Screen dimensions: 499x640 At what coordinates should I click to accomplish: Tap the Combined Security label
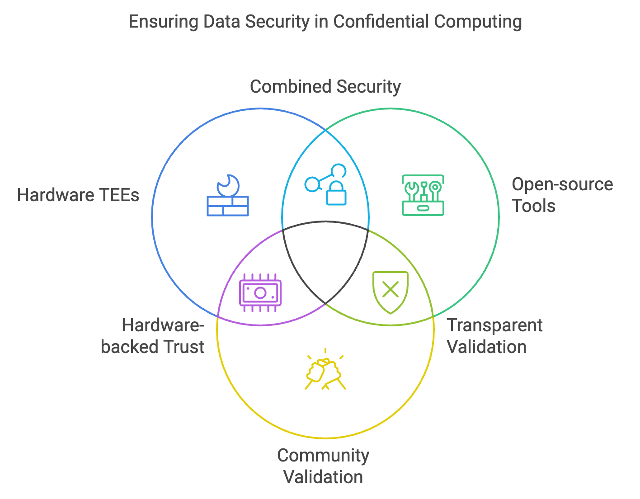coord(325,87)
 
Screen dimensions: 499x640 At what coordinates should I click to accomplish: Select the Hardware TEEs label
coord(78,195)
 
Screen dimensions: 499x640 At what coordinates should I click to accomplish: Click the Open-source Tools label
coord(562,195)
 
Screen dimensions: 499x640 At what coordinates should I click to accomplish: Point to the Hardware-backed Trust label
coord(153,336)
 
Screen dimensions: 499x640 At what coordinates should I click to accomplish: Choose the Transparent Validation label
coord(494,336)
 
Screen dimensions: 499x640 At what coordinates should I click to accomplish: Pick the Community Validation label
coord(323,466)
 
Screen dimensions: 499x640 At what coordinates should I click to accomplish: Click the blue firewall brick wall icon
coord(228,205)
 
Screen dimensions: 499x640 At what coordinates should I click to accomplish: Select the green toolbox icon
coord(423,195)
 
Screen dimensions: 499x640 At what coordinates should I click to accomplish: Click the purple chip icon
coord(260,292)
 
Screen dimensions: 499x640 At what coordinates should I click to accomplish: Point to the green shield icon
coord(391,292)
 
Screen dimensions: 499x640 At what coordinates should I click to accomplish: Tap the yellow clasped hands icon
coord(325,371)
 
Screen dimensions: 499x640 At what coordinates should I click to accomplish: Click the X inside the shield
coord(391,289)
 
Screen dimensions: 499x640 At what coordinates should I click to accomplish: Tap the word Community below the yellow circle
coord(323,456)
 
